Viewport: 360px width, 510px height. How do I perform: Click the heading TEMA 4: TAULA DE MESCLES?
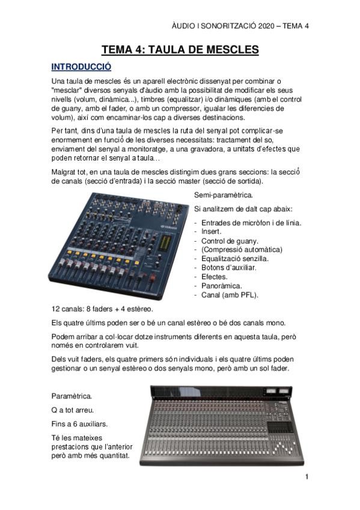point(180,49)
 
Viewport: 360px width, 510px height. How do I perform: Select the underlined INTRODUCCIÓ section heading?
point(81,66)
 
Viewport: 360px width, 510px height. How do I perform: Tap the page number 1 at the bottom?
point(307,478)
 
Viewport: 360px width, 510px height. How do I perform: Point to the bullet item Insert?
point(211,231)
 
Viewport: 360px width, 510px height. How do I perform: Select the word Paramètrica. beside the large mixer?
point(72,397)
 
